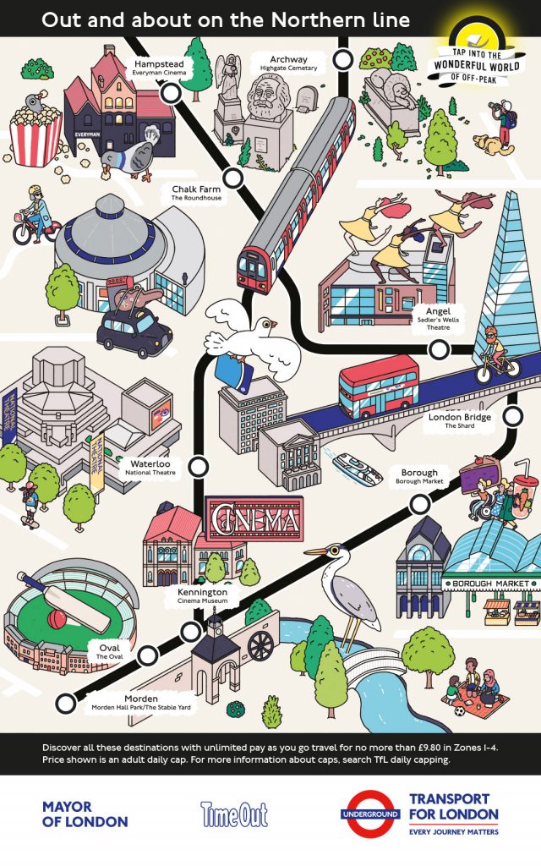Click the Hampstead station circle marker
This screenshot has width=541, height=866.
(x=171, y=93)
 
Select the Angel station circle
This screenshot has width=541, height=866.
(x=440, y=349)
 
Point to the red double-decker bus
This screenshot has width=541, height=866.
(x=380, y=386)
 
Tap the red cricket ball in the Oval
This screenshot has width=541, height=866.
(x=57, y=619)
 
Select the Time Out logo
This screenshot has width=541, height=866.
(x=234, y=814)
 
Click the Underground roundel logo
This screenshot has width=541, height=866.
(x=370, y=814)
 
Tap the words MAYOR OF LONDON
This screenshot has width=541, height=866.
(x=85, y=814)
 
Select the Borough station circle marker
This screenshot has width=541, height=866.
(x=420, y=504)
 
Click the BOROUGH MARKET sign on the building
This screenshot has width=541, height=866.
(x=490, y=584)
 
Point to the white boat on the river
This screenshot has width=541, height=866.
(x=358, y=469)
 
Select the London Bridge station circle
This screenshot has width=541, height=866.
(x=513, y=416)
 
